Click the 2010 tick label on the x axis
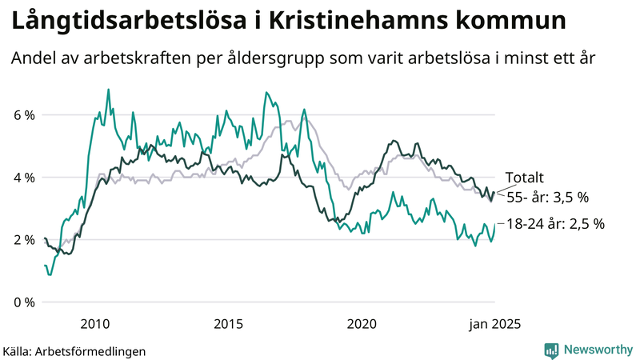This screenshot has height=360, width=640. (x=95, y=324)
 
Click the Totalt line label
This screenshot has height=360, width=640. (x=525, y=178)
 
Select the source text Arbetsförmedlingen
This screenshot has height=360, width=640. (x=91, y=350)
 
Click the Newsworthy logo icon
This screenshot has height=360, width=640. (x=551, y=349)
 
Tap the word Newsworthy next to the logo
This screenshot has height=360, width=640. (x=598, y=349)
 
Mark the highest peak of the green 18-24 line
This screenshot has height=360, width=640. (x=109, y=90)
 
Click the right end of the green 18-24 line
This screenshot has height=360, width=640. (x=495, y=225)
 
